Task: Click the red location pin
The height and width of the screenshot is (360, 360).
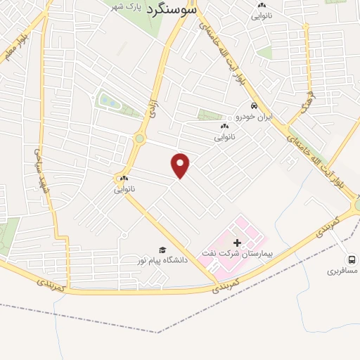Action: pyautogui.click(x=181, y=166)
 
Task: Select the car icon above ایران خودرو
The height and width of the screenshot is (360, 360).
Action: pyautogui.click(x=244, y=106)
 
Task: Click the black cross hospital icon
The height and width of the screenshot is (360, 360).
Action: pyautogui.click(x=236, y=242)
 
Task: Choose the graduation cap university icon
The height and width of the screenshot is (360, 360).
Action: pyautogui.click(x=162, y=250)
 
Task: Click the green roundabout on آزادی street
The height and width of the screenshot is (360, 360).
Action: pyautogui.click(x=140, y=139)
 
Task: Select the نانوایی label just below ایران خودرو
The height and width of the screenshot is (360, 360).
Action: pyautogui.click(x=224, y=136)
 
